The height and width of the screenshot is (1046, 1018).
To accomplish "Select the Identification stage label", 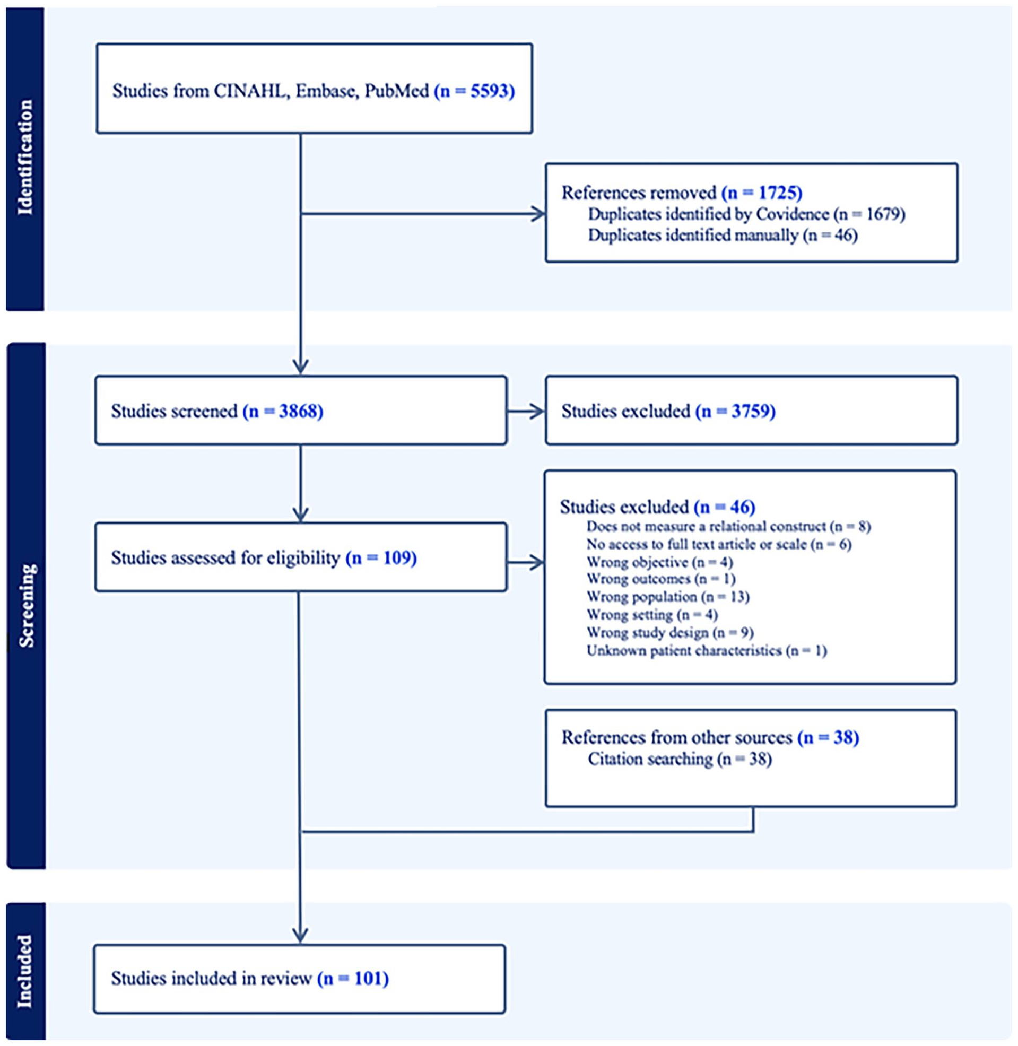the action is click(25, 158).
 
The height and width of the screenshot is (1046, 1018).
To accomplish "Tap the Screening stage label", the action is click(25, 606).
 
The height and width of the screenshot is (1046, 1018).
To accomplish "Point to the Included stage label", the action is click(24, 971).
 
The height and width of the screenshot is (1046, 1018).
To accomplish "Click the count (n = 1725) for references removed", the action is click(762, 193).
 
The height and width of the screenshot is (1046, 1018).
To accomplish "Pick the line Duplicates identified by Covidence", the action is click(746, 214).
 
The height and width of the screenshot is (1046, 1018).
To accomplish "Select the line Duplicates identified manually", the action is click(723, 235).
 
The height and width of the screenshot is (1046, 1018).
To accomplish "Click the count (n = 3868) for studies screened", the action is click(283, 411).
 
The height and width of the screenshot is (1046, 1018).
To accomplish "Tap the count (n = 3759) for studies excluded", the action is click(735, 411).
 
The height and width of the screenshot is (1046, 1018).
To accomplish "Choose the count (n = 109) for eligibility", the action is click(381, 558).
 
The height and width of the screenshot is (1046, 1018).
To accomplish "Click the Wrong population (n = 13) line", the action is click(668, 597).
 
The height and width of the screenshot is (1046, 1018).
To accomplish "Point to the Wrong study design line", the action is click(670, 633).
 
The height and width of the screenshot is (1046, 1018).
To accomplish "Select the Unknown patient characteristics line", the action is click(707, 651).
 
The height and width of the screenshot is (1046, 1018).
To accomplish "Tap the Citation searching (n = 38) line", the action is click(680, 759).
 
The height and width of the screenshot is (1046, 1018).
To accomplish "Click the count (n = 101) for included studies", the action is click(353, 979).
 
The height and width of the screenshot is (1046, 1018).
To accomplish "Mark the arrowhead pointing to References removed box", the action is click(537, 214).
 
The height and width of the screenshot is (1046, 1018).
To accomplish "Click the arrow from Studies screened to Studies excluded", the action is click(526, 411).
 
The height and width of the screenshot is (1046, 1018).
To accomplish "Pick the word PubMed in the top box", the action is click(397, 91).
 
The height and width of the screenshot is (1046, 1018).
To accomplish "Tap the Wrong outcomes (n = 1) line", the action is click(661, 579).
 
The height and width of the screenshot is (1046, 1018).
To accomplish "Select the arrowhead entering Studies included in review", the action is click(300, 936).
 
